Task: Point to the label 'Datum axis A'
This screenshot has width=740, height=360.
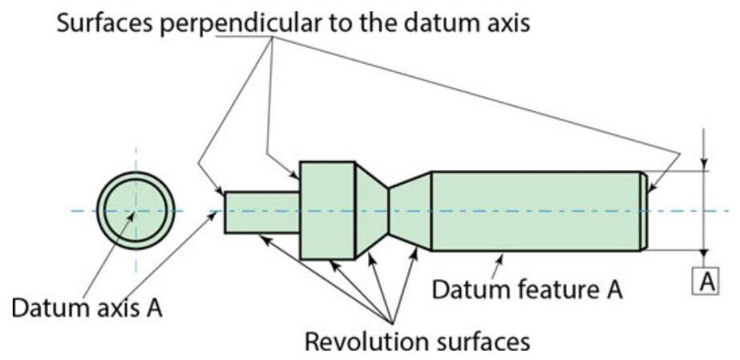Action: click(x=87, y=307)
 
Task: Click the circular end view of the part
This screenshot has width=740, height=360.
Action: click(x=135, y=210)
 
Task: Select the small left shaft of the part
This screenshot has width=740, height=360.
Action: click(x=261, y=212)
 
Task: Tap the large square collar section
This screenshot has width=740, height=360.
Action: click(x=327, y=210)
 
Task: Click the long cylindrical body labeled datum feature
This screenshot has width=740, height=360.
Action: click(x=536, y=211)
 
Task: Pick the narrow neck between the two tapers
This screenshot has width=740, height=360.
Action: click(x=389, y=211)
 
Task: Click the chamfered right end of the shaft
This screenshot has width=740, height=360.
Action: click(x=644, y=211)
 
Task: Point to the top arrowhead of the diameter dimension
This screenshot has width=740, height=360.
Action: click(x=703, y=164)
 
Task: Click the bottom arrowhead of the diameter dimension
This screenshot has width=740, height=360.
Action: click(x=703, y=256)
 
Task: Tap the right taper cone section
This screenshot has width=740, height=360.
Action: click(x=410, y=211)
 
